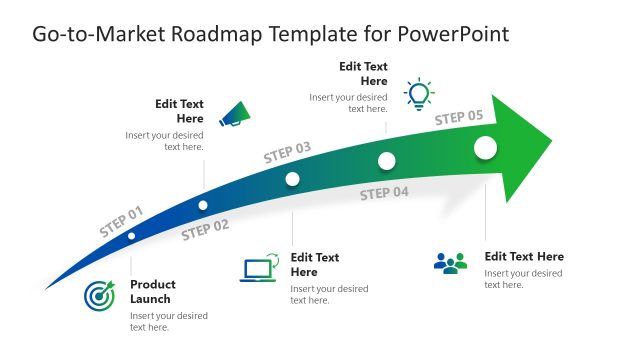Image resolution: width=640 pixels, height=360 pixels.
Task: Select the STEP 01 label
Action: click(x=121, y=221)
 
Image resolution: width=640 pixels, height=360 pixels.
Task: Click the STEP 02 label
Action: click(x=205, y=230)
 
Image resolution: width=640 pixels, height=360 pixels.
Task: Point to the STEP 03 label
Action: click(x=287, y=152)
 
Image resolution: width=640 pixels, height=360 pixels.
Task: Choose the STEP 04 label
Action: click(x=384, y=193)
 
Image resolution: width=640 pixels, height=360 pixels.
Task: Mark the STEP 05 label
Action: click(x=458, y=118)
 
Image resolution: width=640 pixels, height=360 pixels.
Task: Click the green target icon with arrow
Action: click(x=99, y=295)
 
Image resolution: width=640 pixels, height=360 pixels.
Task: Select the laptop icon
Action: click(x=258, y=270)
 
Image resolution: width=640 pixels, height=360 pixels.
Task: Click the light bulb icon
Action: click(x=419, y=93)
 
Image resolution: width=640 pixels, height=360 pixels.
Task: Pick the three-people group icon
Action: click(x=451, y=263)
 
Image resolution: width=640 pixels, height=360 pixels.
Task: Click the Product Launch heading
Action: click(x=151, y=291)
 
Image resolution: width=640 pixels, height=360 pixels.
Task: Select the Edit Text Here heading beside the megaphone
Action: click(x=179, y=111)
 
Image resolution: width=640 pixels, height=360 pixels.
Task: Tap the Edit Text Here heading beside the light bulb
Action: click(x=363, y=73)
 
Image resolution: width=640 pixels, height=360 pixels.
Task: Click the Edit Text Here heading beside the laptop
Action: click(x=315, y=264)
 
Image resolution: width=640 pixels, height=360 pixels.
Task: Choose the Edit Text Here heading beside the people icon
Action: click(x=524, y=256)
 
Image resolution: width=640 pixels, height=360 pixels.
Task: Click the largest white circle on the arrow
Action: click(x=485, y=148)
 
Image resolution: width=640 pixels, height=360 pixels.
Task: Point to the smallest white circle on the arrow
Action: click(x=131, y=237)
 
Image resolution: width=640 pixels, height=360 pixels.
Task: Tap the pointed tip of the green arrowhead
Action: click(x=551, y=138)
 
